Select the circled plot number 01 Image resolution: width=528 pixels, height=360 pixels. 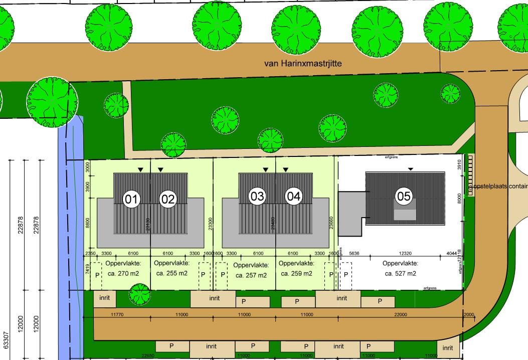[x=131, y=199]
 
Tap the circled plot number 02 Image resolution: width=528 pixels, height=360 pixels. [x=168, y=199]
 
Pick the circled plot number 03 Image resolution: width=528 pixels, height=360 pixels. [x=257, y=196]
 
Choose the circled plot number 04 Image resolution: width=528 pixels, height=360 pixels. [x=294, y=196]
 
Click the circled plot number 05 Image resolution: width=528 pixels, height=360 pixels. [x=404, y=196]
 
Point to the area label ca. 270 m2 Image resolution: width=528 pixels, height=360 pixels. [x=122, y=273]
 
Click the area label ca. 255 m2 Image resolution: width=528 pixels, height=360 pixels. [x=172, y=273]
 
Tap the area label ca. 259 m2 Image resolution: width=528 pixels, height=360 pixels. [x=296, y=273]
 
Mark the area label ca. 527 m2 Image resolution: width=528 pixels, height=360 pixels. [x=400, y=273]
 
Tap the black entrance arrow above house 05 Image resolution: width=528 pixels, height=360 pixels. [x=411, y=169]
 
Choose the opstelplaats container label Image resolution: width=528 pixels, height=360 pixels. [x=499, y=186]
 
